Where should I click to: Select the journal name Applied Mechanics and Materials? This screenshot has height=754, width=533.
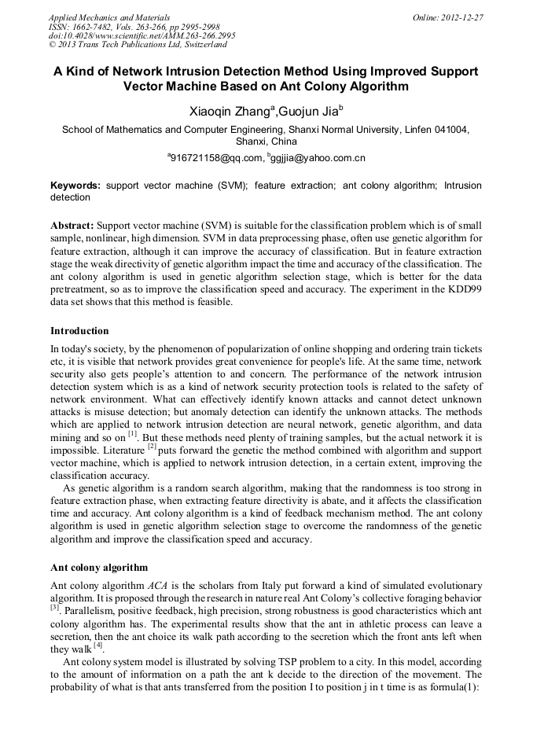pyautogui.click(x=109, y=17)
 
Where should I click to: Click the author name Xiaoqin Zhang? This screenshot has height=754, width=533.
pyautogui.click(x=229, y=112)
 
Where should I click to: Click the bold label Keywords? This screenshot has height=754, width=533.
pyautogui.click(x=75, y=186)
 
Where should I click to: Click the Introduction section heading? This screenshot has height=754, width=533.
pyautogui.click(x=79, y=331)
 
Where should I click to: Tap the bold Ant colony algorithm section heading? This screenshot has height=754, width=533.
pyautogui.click(x=98, y=567)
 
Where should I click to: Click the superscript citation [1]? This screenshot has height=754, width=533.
pyautogui.click(x=133, y=432)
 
